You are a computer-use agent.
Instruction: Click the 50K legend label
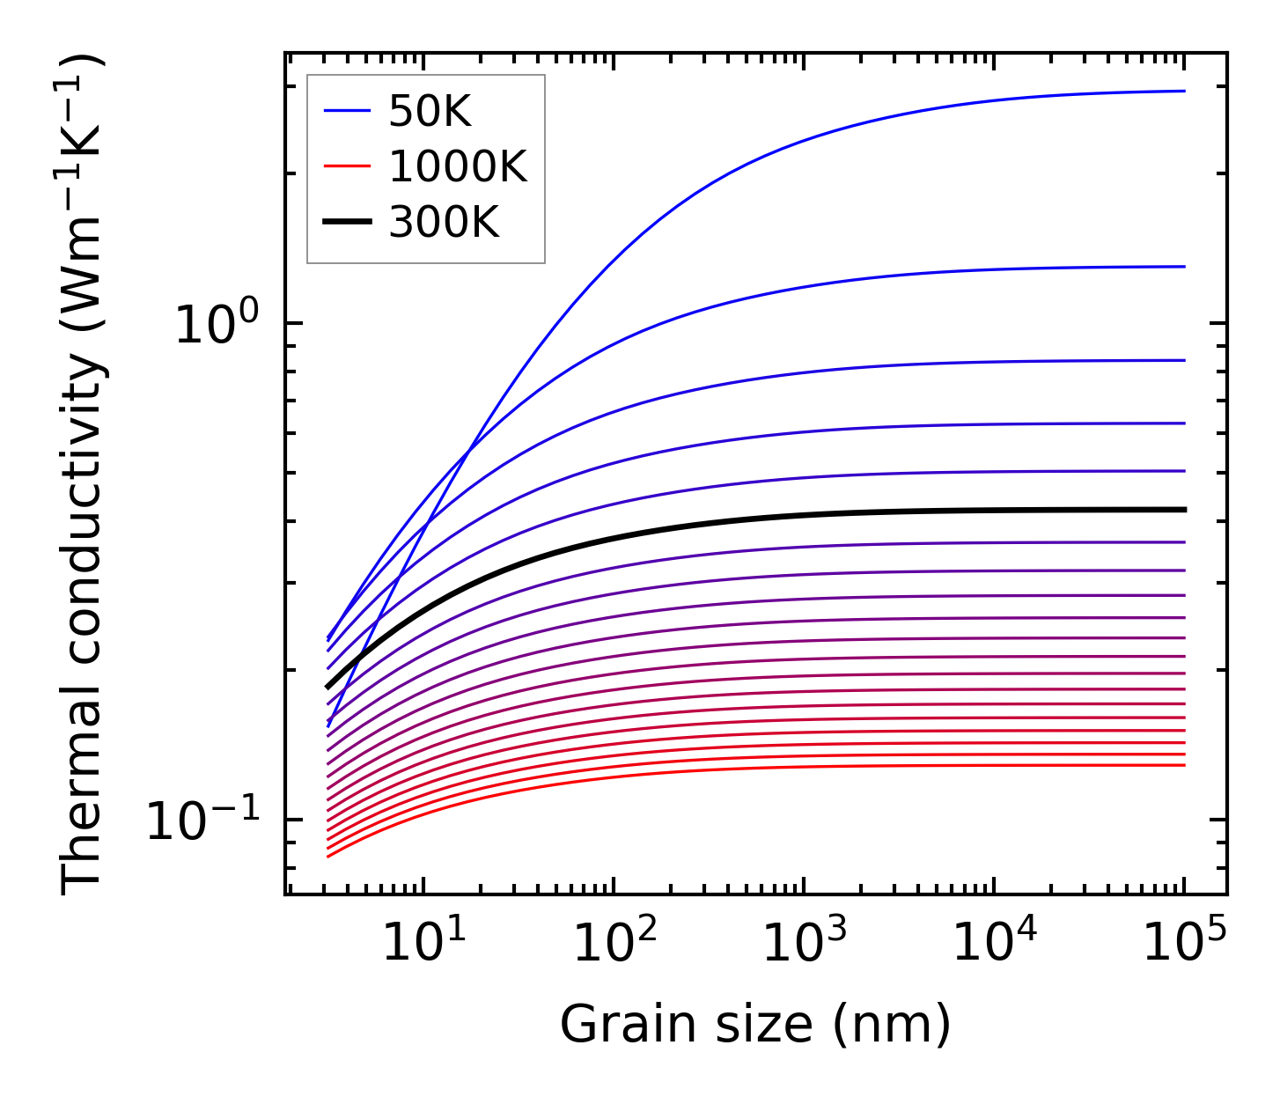[430, 112]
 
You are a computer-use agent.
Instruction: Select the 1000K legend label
[458, 166]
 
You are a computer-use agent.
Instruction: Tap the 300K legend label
[444, 223]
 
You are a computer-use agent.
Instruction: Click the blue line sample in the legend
[348, 111]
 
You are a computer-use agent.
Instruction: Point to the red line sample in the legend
[348, 166]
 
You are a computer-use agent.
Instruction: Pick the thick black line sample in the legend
[348, 223]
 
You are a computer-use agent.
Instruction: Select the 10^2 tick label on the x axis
[614, 944]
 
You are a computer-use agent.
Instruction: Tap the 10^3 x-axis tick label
[804, 944]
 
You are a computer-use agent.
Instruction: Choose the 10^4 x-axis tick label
[994, 944]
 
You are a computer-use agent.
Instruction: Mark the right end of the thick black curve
[1185, 510]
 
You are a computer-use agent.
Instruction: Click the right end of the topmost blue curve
[1185, 91]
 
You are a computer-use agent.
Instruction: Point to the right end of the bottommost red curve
[1185, 765]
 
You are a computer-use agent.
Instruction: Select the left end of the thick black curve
[327, 687]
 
